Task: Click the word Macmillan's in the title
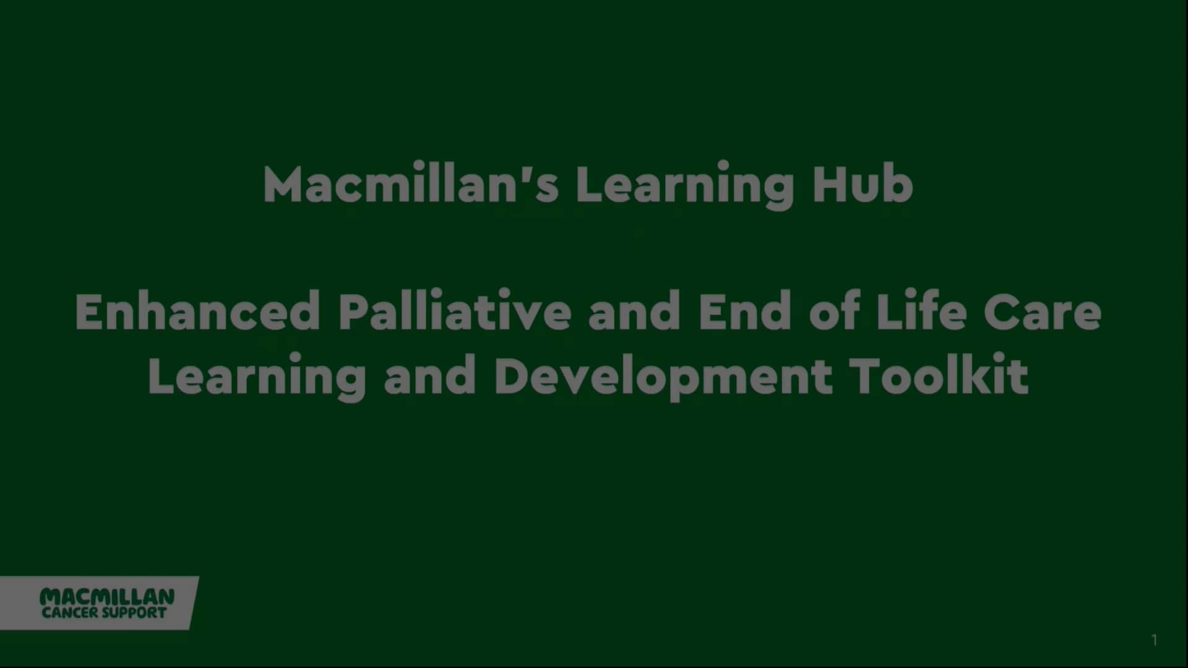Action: pos(411,185)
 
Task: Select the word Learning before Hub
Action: pos(684,185)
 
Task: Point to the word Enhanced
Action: pos(197,312)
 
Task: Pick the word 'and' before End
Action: pos(634,312)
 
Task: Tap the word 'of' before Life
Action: pos(835,312)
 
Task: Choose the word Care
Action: pos(1043,312)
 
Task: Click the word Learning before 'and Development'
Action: pos(257,377)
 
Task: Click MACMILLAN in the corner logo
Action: pos(107,597)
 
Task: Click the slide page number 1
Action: pos(1154,640)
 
